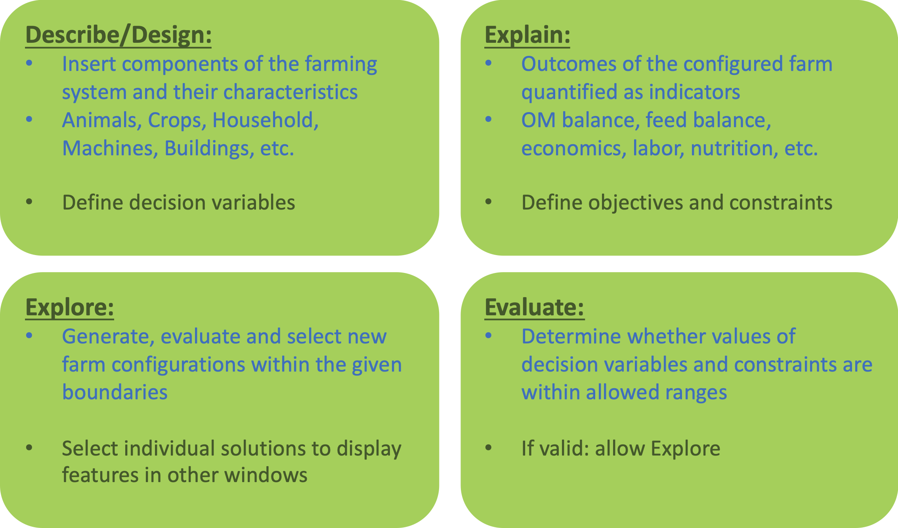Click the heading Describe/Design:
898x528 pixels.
point(118,35)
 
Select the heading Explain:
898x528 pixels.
point(527,35)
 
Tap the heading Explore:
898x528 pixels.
point(69,307)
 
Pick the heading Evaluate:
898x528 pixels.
point(534,307)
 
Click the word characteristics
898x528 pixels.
point(290,92)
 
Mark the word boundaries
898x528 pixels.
point(115,392)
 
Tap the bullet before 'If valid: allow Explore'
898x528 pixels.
point(488,448)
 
